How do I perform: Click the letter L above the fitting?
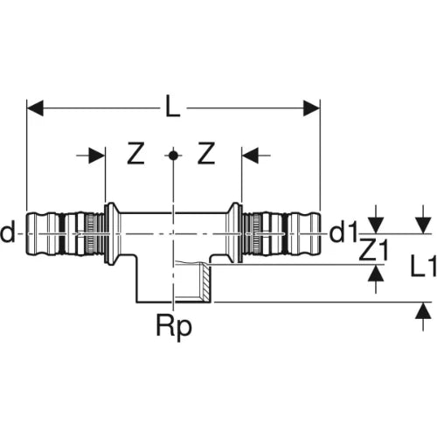[173, 108]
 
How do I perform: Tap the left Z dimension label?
[135, 154]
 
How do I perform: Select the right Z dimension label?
[206, 154]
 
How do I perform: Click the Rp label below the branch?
[174, 327]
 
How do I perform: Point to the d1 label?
[343, 233]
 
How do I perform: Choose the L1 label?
[423, 266]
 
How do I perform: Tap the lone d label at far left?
[8, 233]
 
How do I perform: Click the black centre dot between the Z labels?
[173, 156]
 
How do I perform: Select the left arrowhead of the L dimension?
[35, 108]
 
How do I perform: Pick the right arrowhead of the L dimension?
[312, 108]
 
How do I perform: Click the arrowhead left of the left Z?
[97, 156]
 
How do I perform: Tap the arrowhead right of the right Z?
[250, 156]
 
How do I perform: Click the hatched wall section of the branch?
[206, 282]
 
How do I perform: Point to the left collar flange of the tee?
[111, 234]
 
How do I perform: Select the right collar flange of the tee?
[235, 233]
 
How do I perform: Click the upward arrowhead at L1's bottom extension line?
[423, 310]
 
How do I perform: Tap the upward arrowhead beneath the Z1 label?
[376, 274]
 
